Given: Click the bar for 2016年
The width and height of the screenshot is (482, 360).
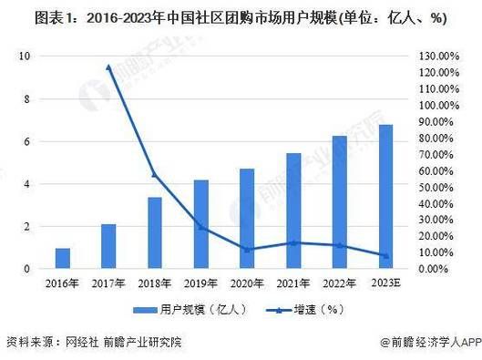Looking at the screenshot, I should pos(62,258).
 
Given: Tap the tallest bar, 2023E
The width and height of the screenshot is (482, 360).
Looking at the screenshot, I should pos(385,197).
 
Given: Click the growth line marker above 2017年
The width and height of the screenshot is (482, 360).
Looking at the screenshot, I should pos(108,67).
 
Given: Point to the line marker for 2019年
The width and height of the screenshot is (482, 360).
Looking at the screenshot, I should pos(200,227).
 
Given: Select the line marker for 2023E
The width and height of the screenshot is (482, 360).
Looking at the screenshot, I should pos(385,256).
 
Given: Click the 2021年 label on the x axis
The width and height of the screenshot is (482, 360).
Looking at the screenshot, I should pos(293,284).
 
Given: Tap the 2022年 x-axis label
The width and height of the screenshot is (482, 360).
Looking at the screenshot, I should pos(339,284).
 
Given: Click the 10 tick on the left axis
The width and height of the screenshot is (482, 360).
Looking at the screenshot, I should pos(26,57).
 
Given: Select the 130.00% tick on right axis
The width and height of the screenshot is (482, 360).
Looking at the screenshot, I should pos(436,57).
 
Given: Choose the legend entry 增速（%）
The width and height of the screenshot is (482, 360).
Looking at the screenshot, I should pos(288,309).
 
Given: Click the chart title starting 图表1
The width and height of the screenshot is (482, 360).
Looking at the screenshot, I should pos(241,17).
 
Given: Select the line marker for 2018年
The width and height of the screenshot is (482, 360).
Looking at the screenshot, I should pos(155,174).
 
